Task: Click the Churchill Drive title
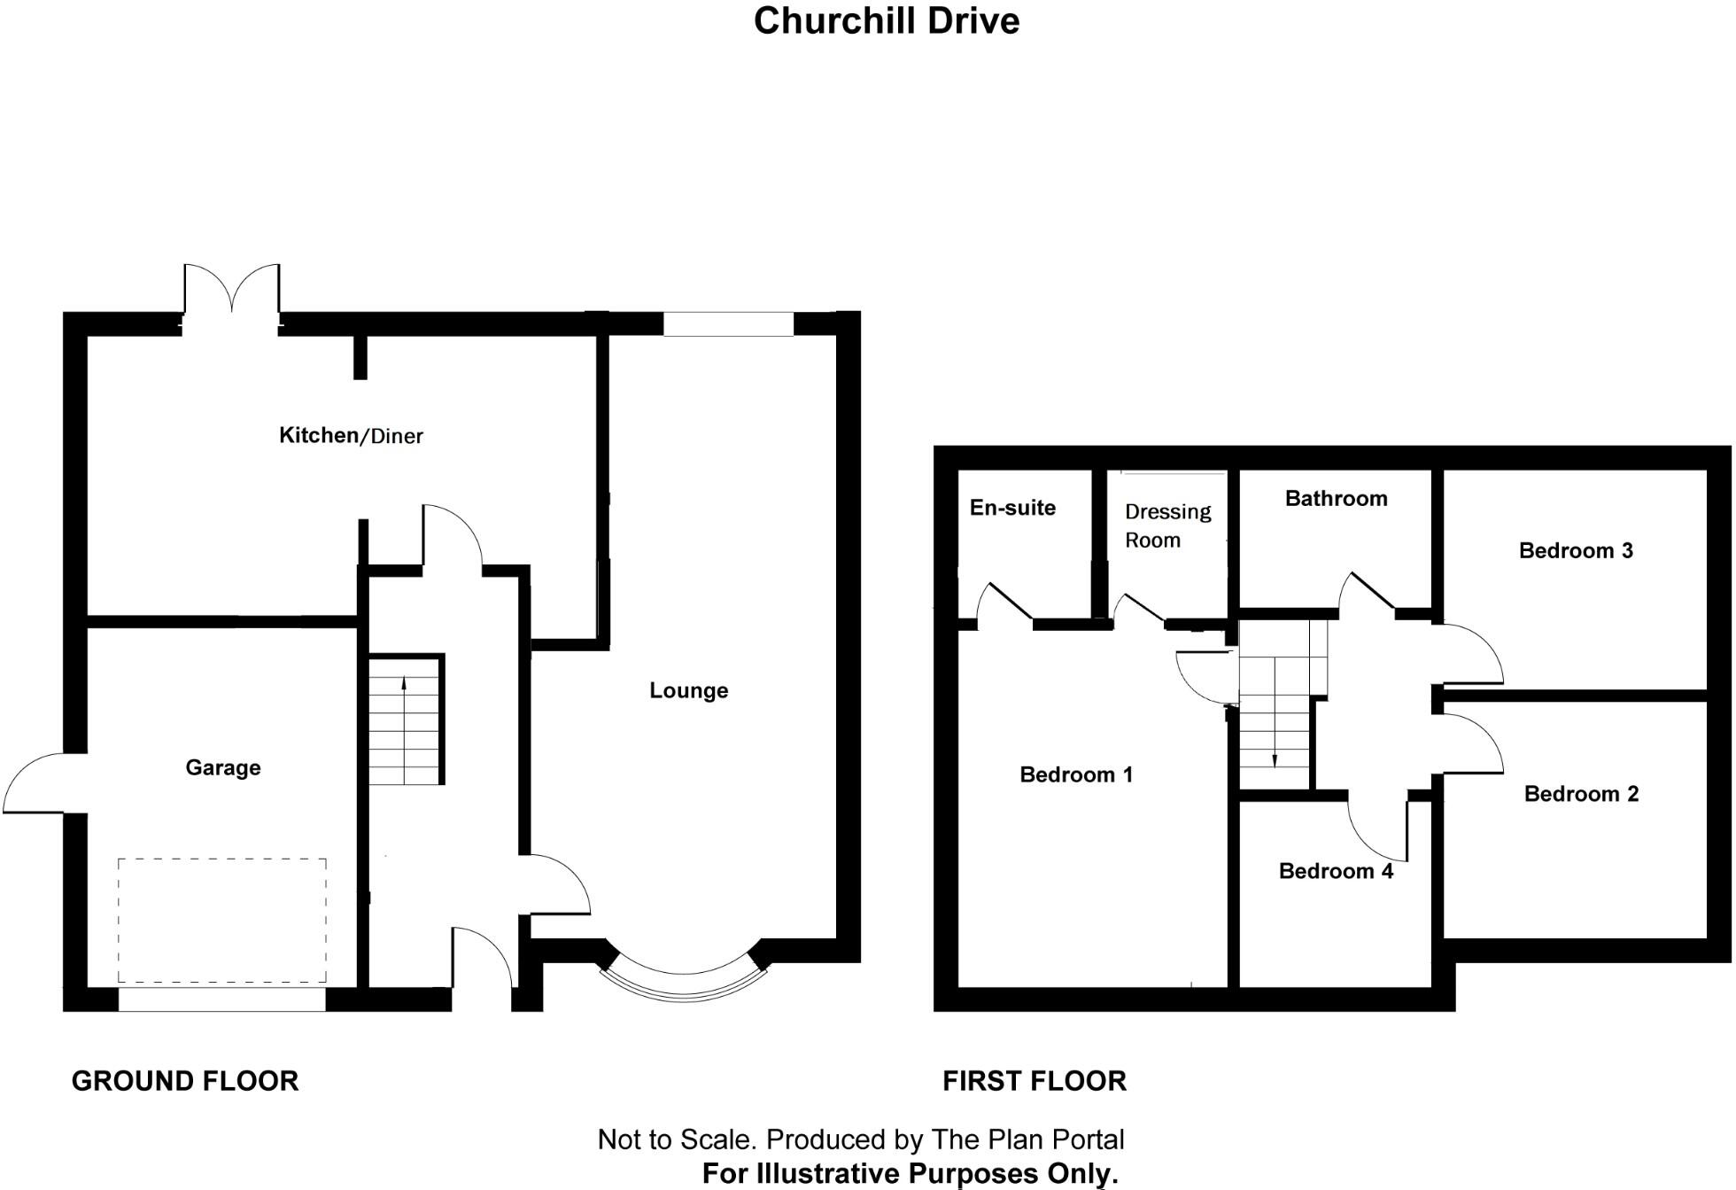886,21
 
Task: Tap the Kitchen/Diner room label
351,435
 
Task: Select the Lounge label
688,690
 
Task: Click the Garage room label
223,767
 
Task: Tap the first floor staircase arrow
1275,758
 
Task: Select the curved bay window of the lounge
683,984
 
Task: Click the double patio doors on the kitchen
232,292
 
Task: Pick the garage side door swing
40,782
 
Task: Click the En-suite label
1012,508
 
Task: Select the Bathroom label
1336,499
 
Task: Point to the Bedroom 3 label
1576,550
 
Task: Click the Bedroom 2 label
1581,794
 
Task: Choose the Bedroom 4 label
1336,871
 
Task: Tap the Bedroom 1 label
1076,774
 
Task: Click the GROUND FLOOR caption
185,1081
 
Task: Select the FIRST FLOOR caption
1034,1081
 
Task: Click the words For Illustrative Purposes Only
910,1173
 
